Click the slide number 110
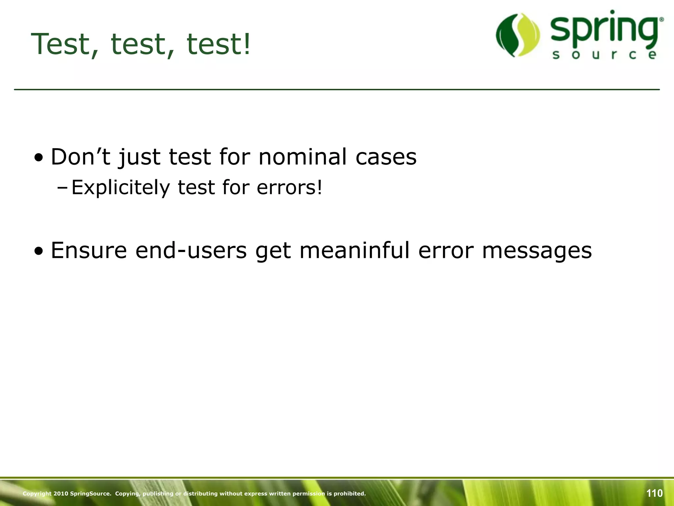654,493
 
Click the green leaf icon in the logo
518,35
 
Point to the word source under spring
605,55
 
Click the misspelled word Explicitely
120,188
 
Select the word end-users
191,250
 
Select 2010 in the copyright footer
61,493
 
